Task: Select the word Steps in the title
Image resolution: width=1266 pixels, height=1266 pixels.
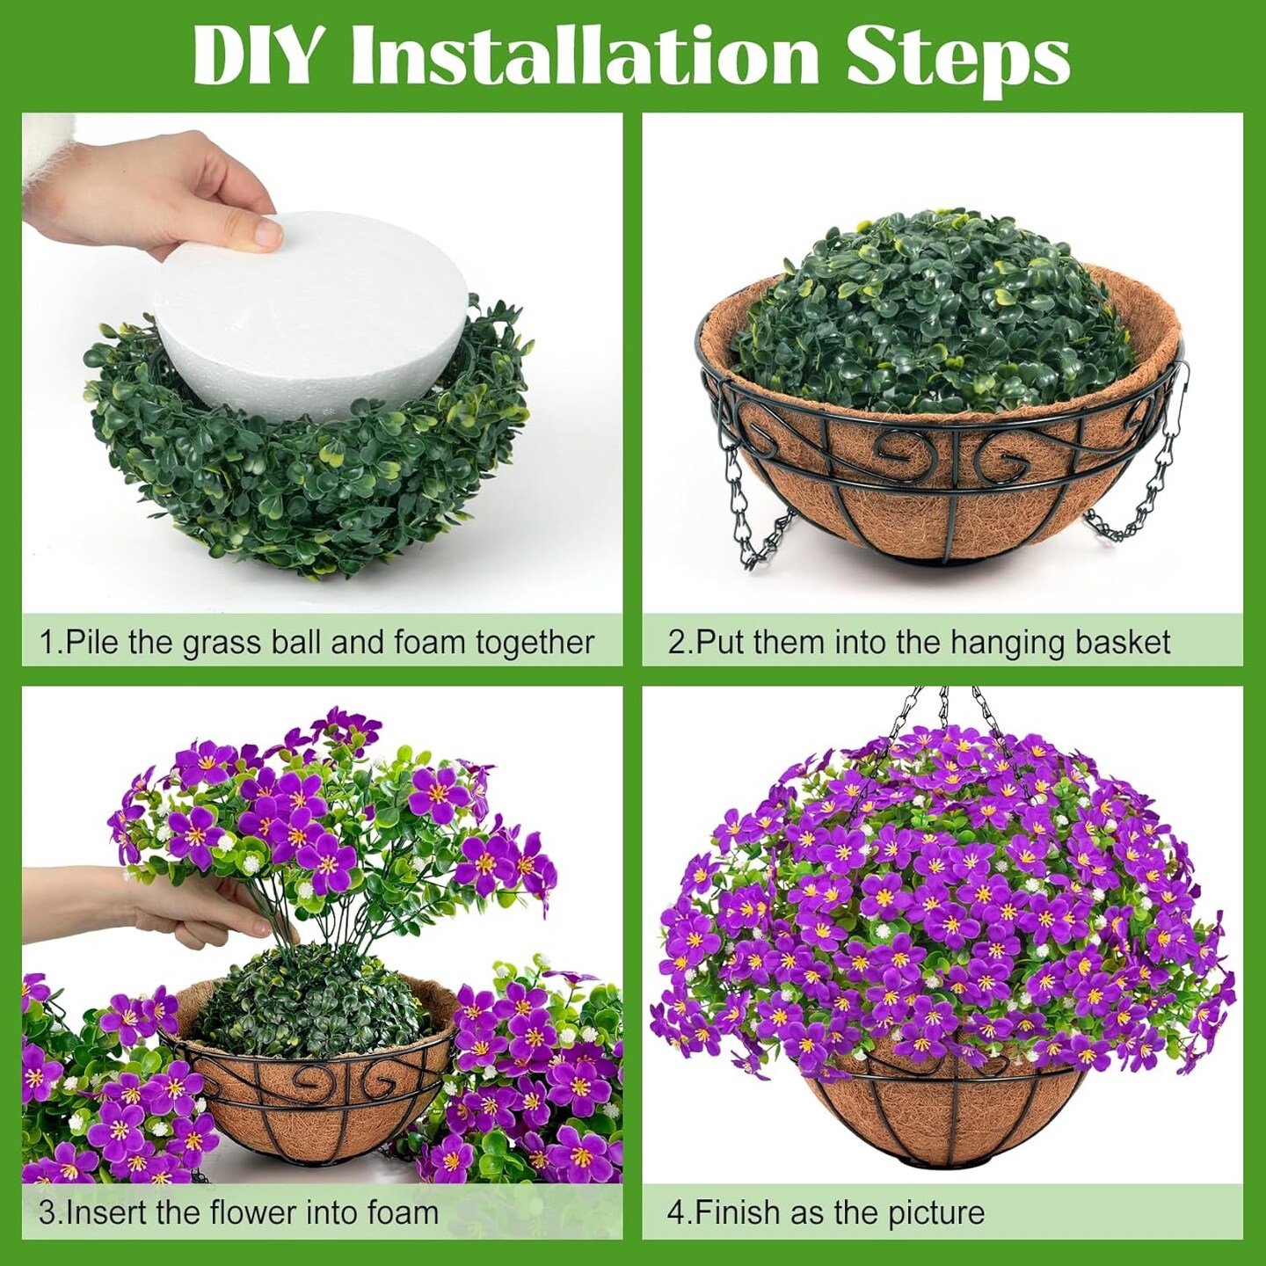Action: click(958, 63)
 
